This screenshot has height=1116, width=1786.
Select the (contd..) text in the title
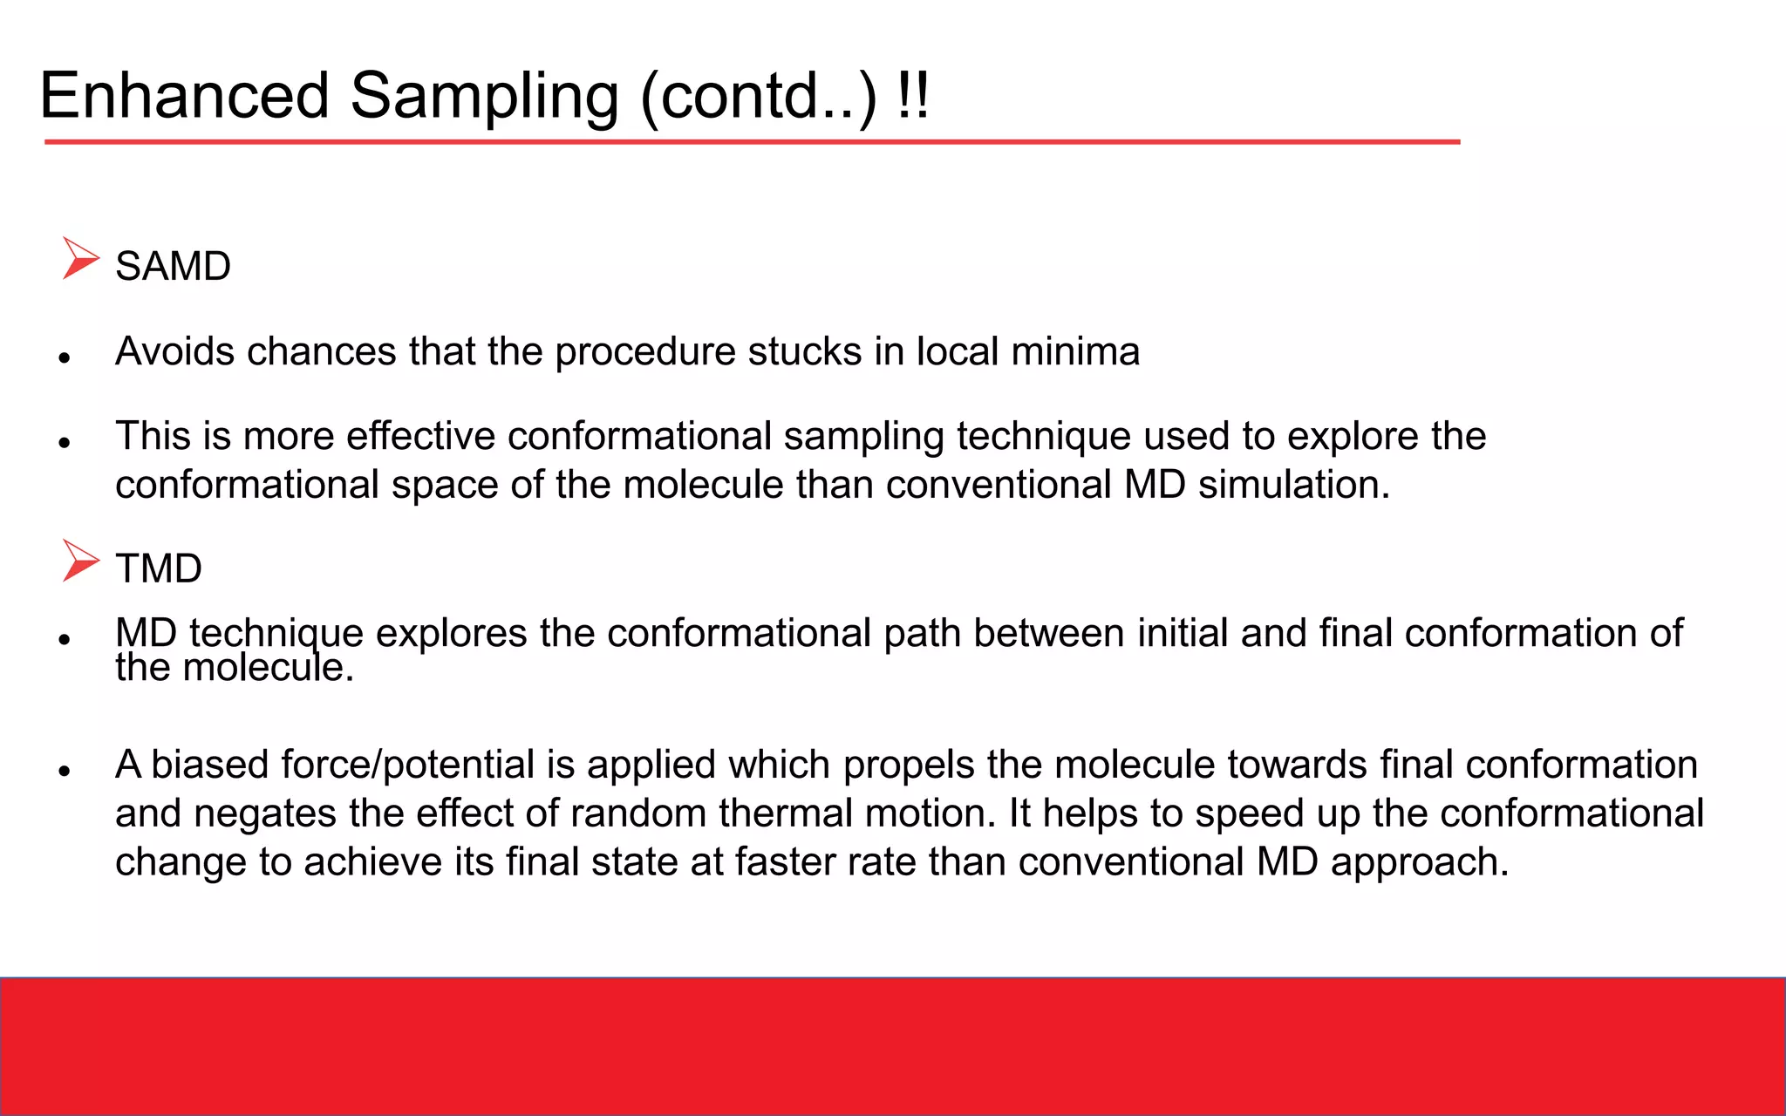(x=759, y=98)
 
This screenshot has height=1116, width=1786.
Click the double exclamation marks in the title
(x=912, y=95)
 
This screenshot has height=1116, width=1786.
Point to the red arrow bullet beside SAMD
(x=80, y=259)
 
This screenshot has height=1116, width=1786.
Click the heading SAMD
(x=173, y=266)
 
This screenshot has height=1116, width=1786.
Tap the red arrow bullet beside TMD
(x=80, y=561)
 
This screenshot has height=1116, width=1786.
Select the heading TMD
(x=159, y=568)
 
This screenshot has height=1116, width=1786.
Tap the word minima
(x=1075, y=351)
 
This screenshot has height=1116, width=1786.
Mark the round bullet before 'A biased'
(x=64, y=771)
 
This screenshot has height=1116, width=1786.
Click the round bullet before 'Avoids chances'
(x=64, y=357)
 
